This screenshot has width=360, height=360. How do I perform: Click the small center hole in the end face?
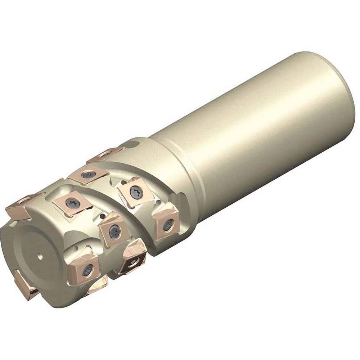click(39, 257)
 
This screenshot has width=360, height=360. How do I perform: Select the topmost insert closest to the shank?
click(105, 154)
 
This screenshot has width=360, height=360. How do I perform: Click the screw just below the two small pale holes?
click(87, 271)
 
